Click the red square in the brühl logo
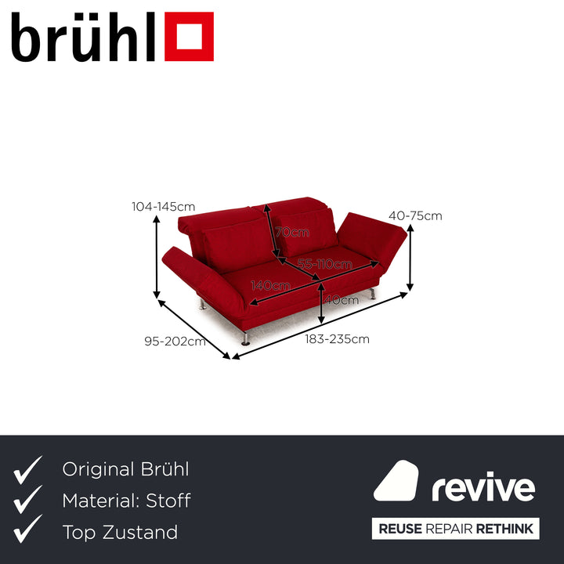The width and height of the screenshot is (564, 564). pos(189,36)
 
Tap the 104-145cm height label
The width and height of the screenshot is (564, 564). pos(163,207)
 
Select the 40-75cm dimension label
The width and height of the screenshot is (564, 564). pos(415,216)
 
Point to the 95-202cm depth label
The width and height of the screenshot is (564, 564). pos(175,341)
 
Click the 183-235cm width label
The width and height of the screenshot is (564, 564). pos(338,339)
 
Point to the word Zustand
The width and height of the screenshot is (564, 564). pos(139,533)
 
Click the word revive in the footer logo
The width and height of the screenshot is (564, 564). pos(483,487)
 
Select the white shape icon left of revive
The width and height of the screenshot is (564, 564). pos(396,482)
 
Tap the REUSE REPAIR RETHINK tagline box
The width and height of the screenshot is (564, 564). pos(456,529)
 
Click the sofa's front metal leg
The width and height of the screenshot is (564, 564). pos(245,338)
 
